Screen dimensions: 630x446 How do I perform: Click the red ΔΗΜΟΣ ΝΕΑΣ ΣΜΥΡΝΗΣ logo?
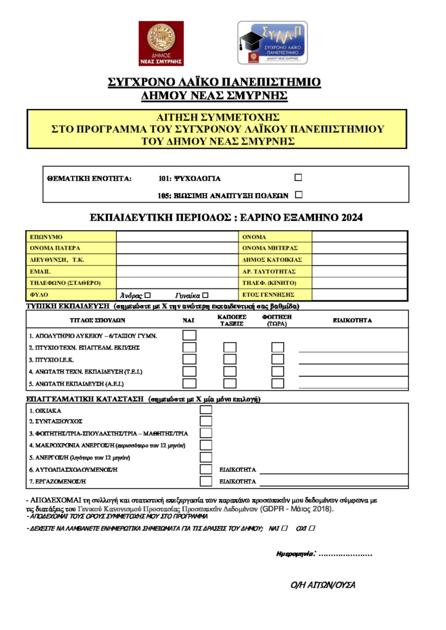point(161,43)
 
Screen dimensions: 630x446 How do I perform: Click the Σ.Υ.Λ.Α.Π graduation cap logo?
point(272,42)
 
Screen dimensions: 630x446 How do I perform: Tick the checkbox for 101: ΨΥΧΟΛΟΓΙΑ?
point(298,178)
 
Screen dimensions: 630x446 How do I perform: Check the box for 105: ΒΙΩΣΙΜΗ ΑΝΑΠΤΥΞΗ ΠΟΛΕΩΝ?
point(299,195)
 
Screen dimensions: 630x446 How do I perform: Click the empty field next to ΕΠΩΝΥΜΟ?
point(177,237)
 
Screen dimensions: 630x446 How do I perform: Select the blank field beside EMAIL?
point(177,271)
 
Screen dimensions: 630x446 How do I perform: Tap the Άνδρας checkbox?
point(147,295)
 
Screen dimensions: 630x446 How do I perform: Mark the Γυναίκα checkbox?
point(206,295)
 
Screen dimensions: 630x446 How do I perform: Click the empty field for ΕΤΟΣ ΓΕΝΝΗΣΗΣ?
point(360,295)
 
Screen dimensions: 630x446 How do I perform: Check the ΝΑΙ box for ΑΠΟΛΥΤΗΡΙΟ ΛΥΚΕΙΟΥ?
point(190,335)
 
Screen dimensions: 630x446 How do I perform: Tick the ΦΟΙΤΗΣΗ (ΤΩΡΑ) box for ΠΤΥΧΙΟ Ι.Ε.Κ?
point(278,359)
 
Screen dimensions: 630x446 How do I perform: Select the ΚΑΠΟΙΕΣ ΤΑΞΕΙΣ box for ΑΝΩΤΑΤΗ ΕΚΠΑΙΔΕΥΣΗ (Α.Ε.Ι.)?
point(230,383)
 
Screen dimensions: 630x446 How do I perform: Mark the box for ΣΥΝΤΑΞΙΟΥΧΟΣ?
point(206,421)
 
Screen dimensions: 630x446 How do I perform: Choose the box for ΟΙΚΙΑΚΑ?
point(206,410)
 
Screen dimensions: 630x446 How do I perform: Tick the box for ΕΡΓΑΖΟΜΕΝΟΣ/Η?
point(206,481)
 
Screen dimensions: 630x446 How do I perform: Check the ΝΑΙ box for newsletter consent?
point(284,528)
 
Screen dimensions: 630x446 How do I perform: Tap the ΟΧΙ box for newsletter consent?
point(312,528)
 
